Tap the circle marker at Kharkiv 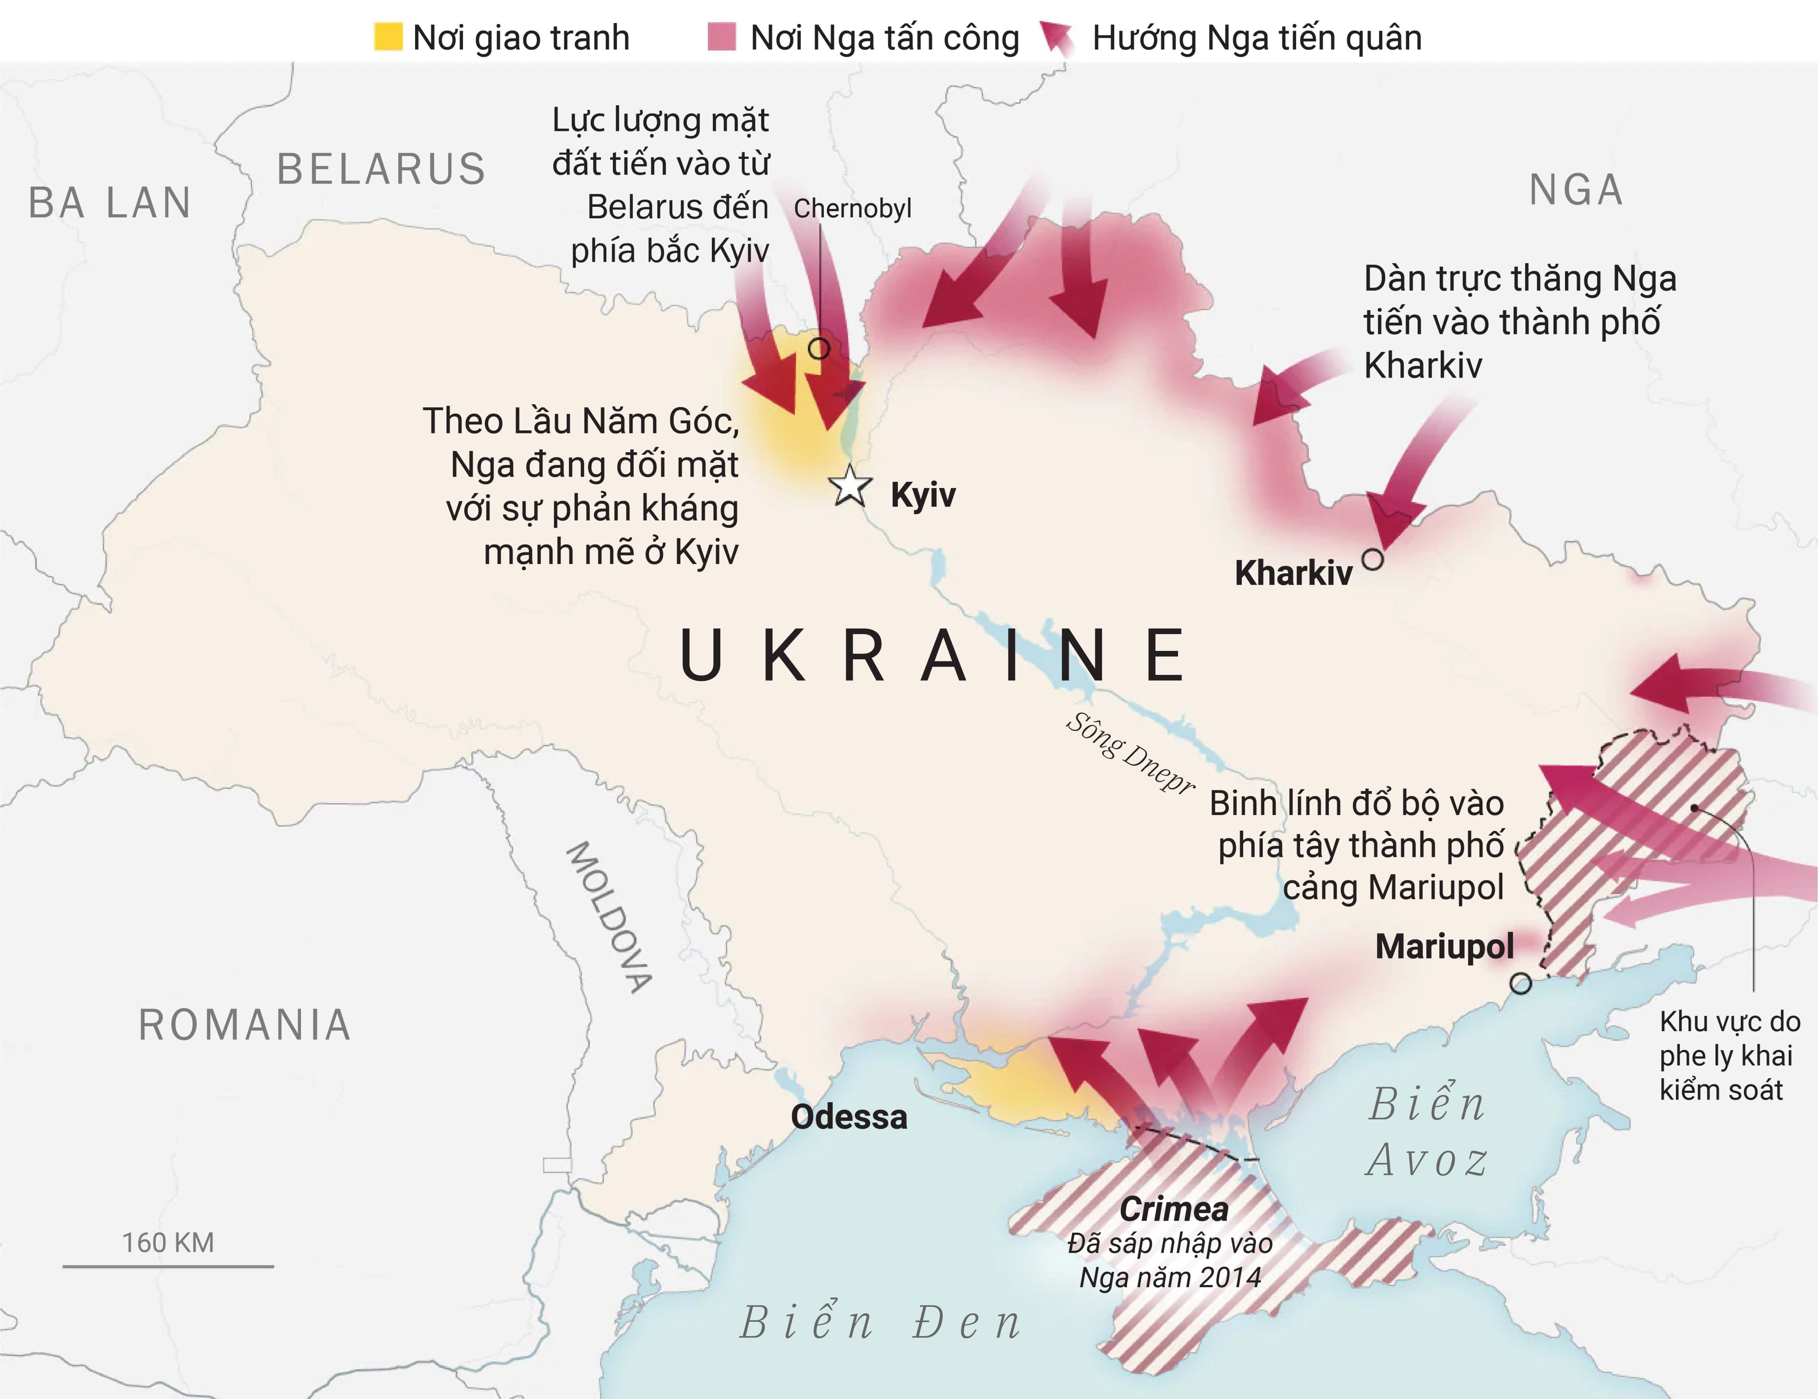(x=1373, y=559)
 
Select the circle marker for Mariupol (x=1521, y=984)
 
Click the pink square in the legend (x=722, y=37)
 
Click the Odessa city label (x=848, y=1117)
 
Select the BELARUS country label (x=381, y=169)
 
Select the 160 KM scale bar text (x=168, y=1242)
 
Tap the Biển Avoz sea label (x=1427, y=1132)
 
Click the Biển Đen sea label (x=881, y=1323)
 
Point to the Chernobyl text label (x=852, y=208)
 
